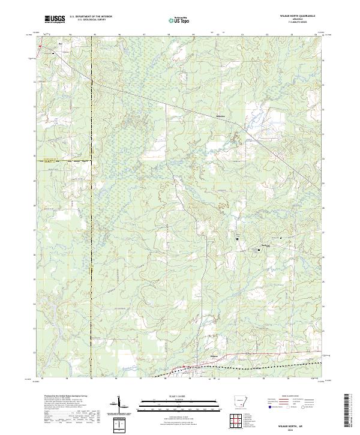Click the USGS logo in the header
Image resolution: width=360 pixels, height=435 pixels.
(55, 19)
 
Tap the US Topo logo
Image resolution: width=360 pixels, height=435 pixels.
(181, 20)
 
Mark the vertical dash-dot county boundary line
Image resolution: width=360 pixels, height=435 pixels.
(91, 240)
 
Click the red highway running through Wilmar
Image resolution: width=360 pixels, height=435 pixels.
(180, 368)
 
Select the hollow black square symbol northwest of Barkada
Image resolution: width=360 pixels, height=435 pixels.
(237, 239)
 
